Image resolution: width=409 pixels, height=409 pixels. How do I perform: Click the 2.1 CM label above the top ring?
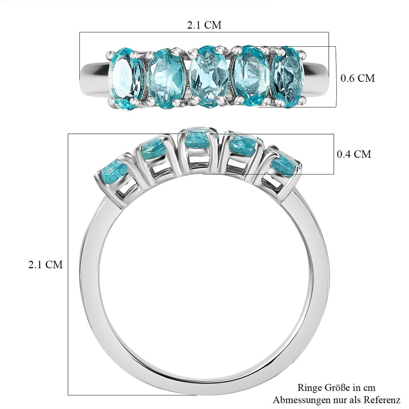pyautogui.click(x=204, y=25)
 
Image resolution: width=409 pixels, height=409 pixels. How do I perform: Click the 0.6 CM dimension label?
pyautogui.click(x=357, y=78)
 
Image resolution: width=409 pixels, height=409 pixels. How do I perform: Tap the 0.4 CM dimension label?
pyautogui.click(x=354, y=154)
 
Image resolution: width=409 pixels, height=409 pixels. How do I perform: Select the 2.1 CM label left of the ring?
pyautogui.click(x=46, y=264)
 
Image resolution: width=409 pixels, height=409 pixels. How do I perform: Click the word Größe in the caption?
pyautogui.click(x=338, y=387)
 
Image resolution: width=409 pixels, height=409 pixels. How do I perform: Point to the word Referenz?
pyautogui.click(x=382, y=399)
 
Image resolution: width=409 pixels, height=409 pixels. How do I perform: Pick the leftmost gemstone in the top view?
pyautogui.click(x=125, y=79)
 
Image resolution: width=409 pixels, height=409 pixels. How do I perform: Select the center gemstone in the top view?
pyautogui.click(x=208, y=76)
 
